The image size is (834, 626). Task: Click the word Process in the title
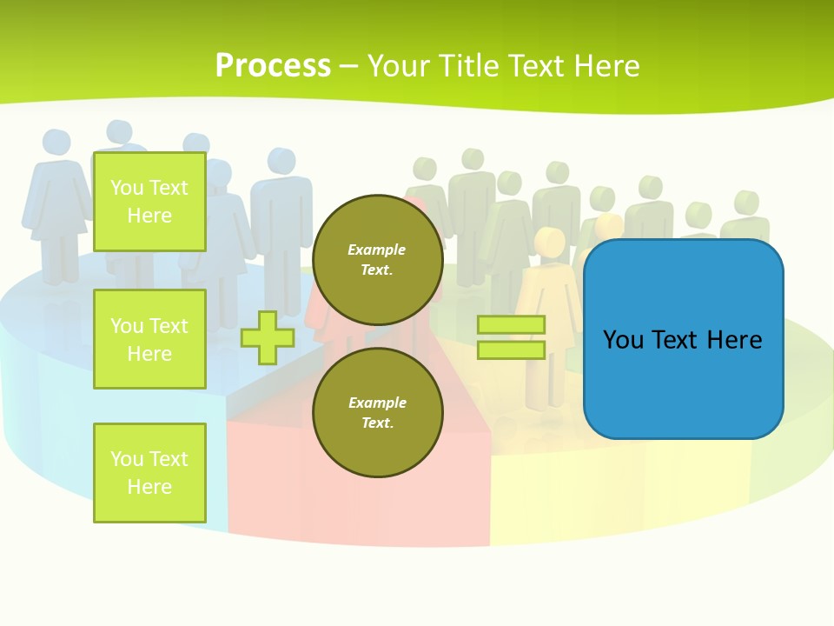tap(273, 65)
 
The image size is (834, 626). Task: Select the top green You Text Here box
tap(149, 201)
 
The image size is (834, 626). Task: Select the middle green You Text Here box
tap(149, 339)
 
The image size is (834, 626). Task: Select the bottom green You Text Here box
tap(149, 472)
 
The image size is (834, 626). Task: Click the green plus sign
tap(268, 337)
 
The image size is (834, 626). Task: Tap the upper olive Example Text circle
tap(377, 259)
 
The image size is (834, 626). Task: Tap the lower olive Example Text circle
tap(377, 412)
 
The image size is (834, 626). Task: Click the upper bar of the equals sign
tap(511, 325)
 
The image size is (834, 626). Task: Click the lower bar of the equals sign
tap(511, 350)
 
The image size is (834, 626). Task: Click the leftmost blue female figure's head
tap(56, 143)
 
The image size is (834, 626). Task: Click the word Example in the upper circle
tap(376, 250)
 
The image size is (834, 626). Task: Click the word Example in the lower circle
tap(376, 403)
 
